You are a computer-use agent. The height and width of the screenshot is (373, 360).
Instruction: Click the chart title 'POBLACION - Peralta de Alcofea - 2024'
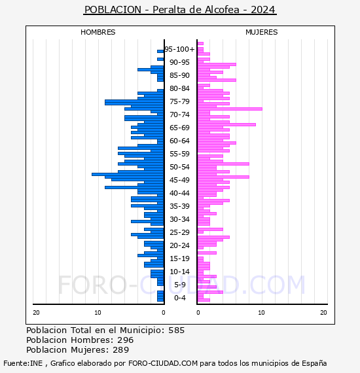pyautogui.click(x=180, y=10)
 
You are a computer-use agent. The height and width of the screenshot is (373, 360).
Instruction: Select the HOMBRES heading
pyautogui.click(x=98, y=32)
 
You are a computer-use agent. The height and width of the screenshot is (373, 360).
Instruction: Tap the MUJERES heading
pyautogui.click(x=262, y=32)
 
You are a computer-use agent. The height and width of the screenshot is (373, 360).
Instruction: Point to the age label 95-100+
pyautogui.click(x=179, y=49)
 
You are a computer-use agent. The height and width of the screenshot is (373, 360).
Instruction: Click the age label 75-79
pyautogui.click(x=179, y=101)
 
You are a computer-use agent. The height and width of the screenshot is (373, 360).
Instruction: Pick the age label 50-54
pyautogui.click(x=179, y=167)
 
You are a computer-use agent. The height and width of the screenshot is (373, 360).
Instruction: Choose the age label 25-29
pyautogui.click(x=179, y=232)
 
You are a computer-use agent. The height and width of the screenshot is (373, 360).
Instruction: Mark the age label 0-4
pyautogui.click(x=179, y=298)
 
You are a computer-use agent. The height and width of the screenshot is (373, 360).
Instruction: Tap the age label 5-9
pyautogui.click(x=179, y=285)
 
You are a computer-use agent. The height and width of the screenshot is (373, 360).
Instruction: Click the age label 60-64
pyautogui.click(x=179, y=141)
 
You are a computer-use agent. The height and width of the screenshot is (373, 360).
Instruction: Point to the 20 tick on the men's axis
pyautogui.click(x=36, y=313)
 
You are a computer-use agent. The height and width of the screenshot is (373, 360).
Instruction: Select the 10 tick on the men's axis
pyautogui.click(x=98, y=313)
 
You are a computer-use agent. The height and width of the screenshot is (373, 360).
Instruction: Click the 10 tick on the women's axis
pyautogui.click(x=261, y=313)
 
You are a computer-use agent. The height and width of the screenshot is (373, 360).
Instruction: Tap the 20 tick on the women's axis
pyautogui.click(x=323, y=313)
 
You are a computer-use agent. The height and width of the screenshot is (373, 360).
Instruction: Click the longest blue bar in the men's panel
pyautogui.click(x=128, y=174)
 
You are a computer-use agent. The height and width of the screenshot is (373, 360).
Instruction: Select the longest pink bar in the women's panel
pyautogui.click(x=230, y=109)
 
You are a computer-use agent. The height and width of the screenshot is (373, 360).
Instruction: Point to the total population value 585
pyautogui.click(x=176, y=330)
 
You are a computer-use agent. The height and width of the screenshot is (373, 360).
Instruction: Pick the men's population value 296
pyautogui.click(x=126, y=340)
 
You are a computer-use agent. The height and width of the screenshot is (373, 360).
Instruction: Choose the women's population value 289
pyautogui.click(x=121, y=350)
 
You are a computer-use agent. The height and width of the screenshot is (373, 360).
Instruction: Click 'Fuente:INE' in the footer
pyautogui.click(x=23, y=363)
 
